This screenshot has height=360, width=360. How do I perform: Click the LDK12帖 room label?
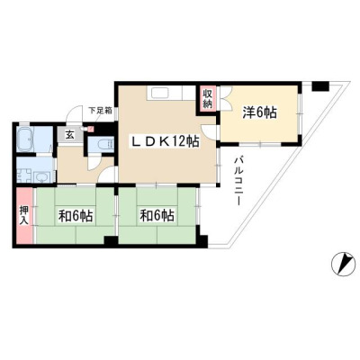point(166,141)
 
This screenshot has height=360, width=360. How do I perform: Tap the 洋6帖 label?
point(259,112)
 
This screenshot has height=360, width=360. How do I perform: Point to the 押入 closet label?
point(23,214)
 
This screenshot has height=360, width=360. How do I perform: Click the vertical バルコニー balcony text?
point(239,181)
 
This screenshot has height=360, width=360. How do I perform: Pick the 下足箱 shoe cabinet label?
point(100,111)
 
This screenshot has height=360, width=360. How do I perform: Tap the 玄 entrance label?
point(69,135)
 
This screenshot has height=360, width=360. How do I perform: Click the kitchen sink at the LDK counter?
point(160,94)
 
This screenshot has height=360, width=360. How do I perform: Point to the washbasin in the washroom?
point(40,177)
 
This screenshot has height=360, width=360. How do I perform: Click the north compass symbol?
point(343,264)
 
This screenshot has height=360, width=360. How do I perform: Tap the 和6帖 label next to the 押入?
point(76,215)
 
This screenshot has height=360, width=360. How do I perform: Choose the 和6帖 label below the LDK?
point(157,215)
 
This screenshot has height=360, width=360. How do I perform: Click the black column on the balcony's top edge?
point(320,86)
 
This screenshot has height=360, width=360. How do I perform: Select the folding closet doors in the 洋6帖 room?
point(226,99)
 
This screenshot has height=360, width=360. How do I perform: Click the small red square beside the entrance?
point(92,128)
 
